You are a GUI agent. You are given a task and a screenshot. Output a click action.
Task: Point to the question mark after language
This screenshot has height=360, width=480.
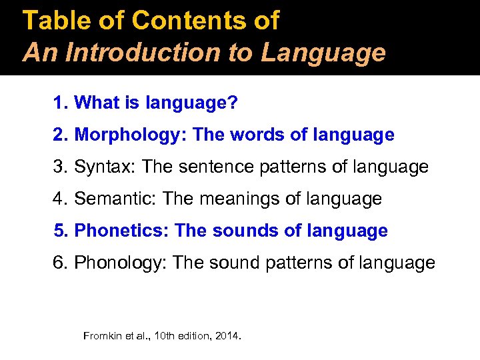click(x=236, y=103)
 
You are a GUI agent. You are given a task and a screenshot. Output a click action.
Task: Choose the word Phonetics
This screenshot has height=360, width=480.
click(x=122, y=231)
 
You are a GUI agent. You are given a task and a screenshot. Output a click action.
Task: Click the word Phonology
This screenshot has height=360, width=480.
click(x=120, y=263)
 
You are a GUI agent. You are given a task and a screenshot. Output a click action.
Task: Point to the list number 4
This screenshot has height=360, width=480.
click(x=59, y=199)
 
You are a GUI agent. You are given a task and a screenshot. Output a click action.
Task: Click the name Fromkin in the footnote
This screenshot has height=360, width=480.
click(x=101, y=335)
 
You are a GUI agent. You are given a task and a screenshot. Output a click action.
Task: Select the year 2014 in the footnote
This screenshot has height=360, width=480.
click(x=227, y=335)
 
